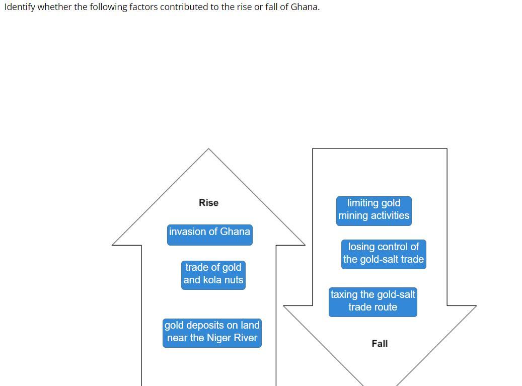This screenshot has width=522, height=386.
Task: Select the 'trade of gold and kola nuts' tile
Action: (213, 274)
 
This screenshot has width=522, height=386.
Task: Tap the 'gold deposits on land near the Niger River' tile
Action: (212, 332)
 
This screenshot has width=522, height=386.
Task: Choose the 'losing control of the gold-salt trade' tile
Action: (383, 254)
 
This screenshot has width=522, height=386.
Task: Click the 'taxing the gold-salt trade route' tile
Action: (372, 301)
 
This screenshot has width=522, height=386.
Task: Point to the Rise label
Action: (208, 203)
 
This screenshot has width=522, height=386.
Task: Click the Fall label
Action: (380, 344)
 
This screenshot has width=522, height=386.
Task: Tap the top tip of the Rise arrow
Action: (208, 149)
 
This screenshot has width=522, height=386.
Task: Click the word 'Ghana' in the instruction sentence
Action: (305, 7)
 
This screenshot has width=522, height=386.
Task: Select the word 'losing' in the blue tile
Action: (362, 247)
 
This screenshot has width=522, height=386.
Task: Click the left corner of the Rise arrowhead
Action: (113, 245)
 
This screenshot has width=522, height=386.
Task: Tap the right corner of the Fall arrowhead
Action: (475, 305)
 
